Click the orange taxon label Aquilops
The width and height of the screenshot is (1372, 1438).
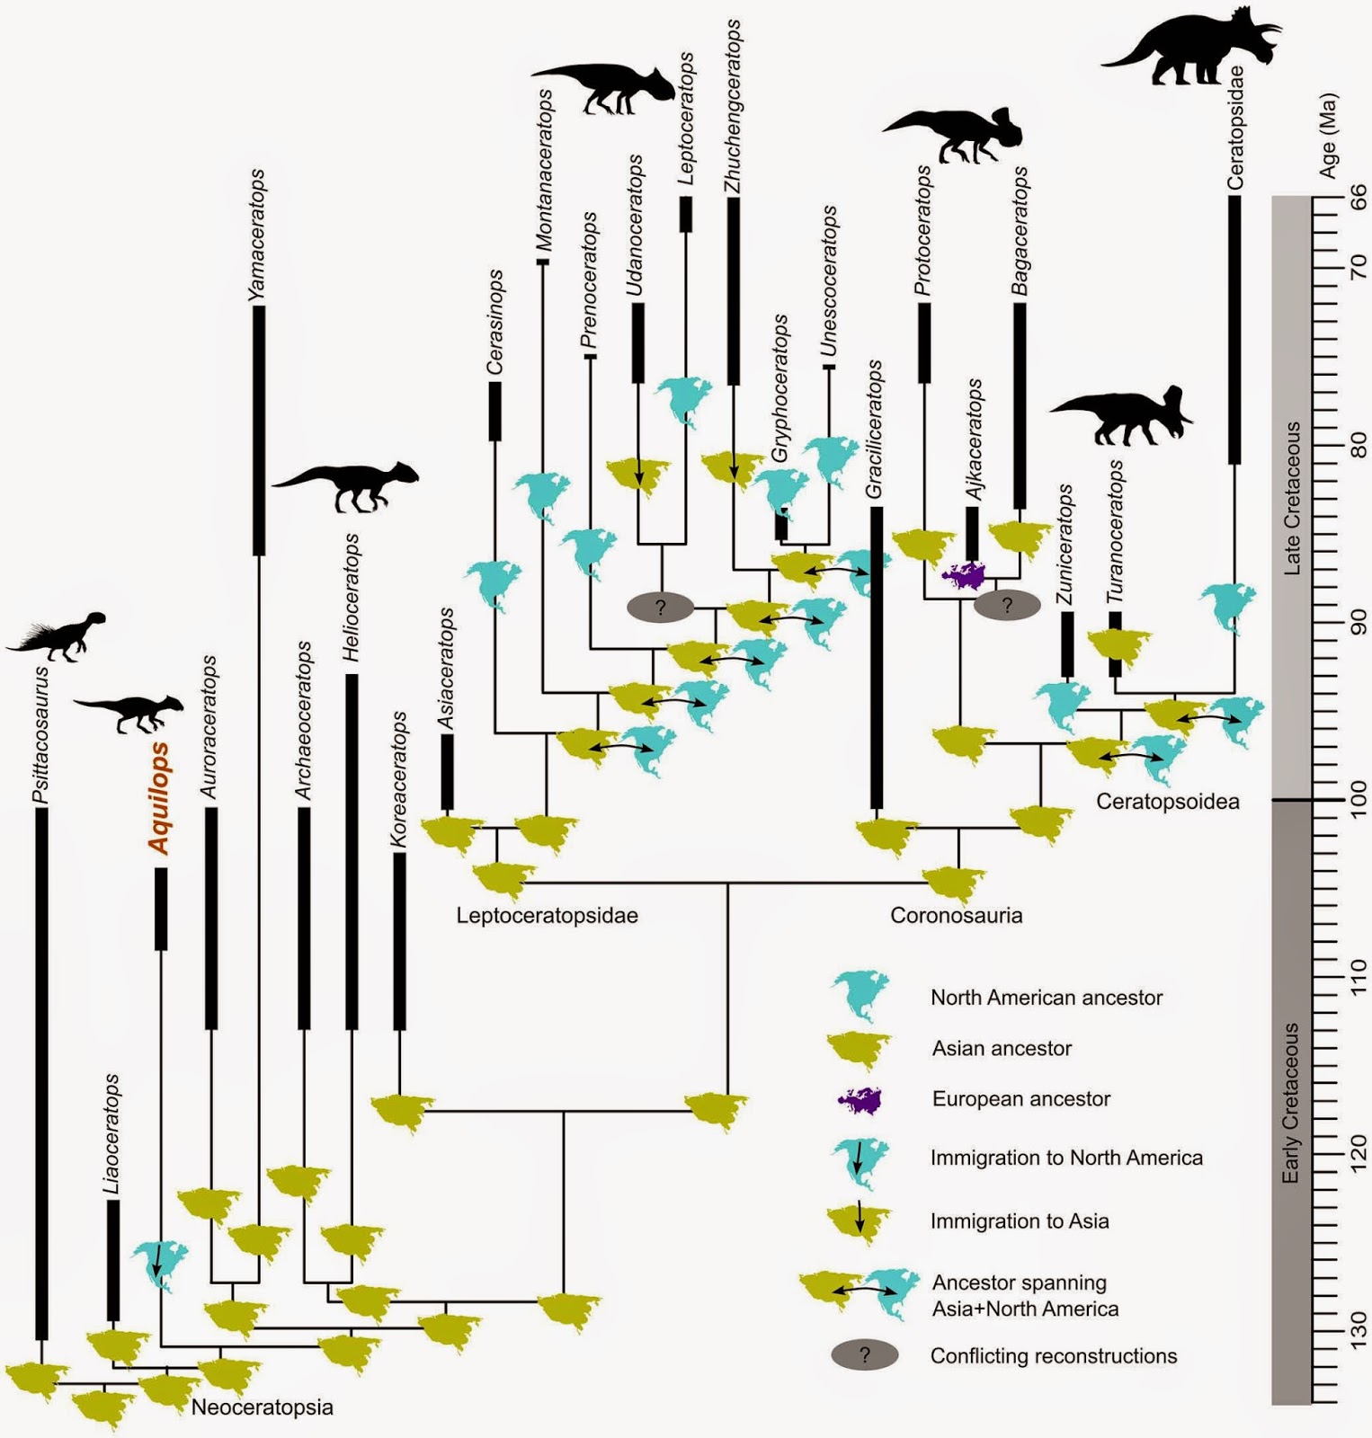[159, 798]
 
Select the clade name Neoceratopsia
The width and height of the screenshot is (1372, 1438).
[262, 1407]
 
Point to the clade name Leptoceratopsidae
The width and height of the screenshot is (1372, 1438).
[547, 916]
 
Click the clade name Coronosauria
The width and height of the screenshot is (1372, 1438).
[956, 916]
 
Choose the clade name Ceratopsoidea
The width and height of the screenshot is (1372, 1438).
[1167, 802]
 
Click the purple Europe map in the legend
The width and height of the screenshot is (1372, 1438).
[859, 1099]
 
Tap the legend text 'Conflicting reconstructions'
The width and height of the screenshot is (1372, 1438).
[1053, 1356]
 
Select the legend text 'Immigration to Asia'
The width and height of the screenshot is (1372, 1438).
[1019, 1221]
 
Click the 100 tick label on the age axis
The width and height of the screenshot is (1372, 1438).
[1356, 798]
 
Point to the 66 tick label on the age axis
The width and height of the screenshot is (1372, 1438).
[1356, 197]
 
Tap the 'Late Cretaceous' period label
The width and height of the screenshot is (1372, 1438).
[1292, 498]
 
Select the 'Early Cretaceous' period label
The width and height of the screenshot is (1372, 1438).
[1292, 1102]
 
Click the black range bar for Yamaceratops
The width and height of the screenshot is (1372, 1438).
[259, 431]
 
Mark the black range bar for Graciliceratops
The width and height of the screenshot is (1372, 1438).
[877, 658]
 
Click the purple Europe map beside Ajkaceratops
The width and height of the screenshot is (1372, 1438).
[963, 574]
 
